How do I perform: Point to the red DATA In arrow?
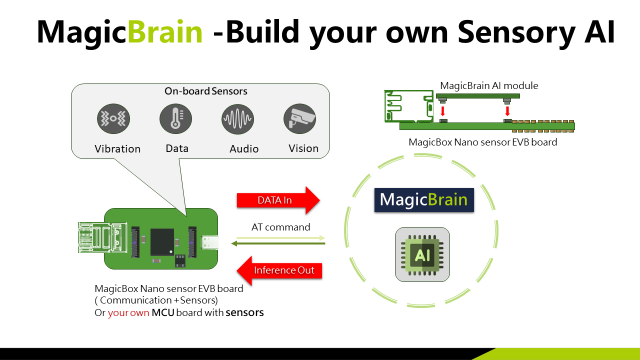tap(277, 200)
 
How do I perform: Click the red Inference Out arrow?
tap(278, 270)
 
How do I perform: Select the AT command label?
tap(280, 227)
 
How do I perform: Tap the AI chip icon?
tap(422, 254)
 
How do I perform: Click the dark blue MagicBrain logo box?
tap(424, 200)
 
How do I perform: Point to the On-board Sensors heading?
tap(206, 91)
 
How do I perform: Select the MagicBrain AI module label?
tap(489, 85)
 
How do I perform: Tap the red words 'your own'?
tap(128, 313)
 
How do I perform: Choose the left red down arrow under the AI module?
tap(442, 110)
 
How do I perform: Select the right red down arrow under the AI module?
tap(508, 110)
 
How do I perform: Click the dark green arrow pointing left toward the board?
tap(278, 243)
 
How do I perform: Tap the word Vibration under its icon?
tap(117, 149)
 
